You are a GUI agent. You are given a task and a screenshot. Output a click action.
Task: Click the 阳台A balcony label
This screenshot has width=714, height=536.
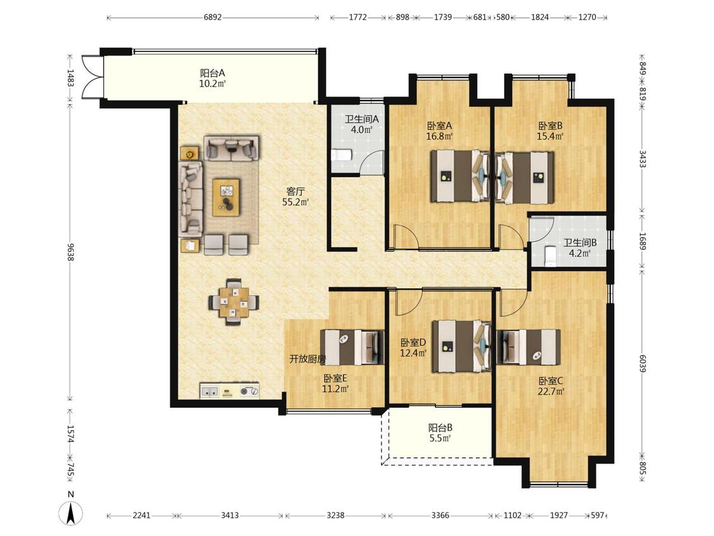212,73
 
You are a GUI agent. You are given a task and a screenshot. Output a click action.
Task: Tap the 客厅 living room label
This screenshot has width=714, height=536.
295,191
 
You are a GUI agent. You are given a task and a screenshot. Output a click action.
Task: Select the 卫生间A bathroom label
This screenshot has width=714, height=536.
362,119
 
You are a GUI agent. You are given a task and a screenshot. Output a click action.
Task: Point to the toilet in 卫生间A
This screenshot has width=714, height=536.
341,155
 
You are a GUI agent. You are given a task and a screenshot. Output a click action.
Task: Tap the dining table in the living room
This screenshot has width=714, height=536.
234,302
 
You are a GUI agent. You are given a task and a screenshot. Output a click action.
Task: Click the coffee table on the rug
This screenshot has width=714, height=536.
227,198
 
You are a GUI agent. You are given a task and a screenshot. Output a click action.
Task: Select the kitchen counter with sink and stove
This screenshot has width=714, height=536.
230,391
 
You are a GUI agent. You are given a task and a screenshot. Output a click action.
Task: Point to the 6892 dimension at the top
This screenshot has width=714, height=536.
213,17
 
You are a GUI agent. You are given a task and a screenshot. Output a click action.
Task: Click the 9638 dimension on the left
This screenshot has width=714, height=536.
70,252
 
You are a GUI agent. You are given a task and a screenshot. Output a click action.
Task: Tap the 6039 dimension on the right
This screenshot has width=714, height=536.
642,363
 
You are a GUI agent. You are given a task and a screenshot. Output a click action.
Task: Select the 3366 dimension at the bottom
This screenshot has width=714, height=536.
440,516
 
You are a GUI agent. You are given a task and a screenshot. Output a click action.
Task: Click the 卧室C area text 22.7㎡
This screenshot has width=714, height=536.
551,391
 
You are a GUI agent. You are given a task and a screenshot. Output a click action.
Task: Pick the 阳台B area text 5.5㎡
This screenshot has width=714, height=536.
440,438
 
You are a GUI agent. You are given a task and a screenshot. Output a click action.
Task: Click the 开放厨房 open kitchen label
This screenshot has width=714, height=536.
308,359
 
